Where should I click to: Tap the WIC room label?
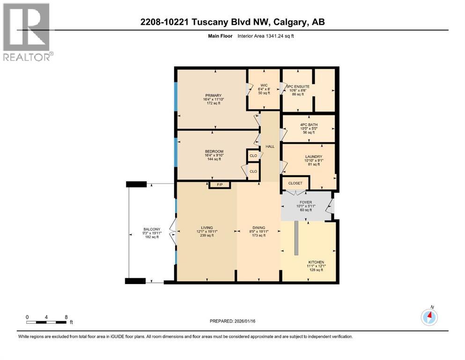(x=263, y=85)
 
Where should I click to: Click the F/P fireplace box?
(x=220, y=185)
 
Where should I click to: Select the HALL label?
(x=270, y=147)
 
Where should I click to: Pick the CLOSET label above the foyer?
(x=295, y=183)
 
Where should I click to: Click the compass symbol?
(x=429, y=317)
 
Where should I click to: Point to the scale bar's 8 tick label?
(x=66, y=317)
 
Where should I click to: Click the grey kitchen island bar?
(x=296, y=238)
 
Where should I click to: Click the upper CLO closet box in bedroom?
(x=253, y=155)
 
